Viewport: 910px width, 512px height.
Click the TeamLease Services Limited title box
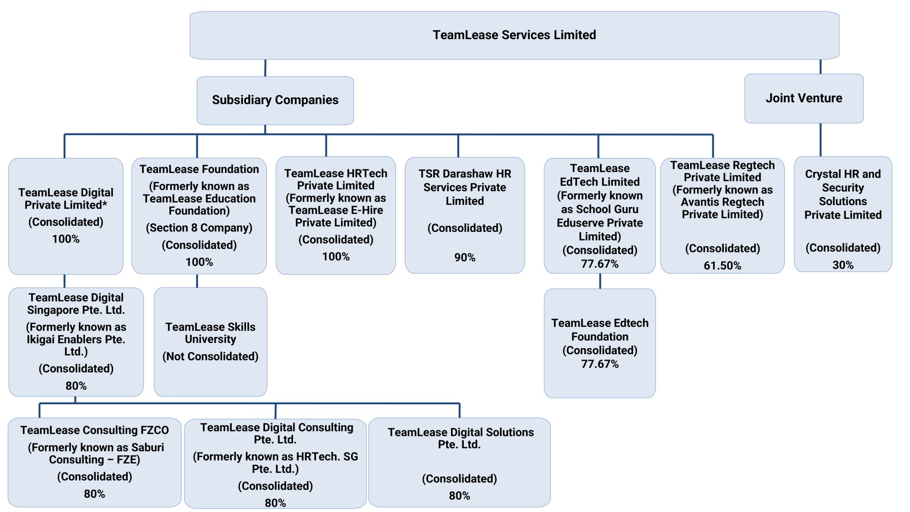click(514, 35)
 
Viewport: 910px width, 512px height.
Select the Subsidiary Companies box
click(275, 100)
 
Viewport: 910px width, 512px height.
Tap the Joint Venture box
click(804, 98)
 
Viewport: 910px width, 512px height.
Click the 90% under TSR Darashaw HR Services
click(465, 257)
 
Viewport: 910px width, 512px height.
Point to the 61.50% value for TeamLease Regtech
click(722, 266)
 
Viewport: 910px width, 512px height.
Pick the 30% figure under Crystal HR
click(843, 265)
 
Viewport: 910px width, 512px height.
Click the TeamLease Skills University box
click(210, 342)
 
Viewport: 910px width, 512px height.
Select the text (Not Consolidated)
click(210, 356)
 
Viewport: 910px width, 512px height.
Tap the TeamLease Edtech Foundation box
click(600, 343)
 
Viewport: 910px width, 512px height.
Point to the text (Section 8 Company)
click(199, 228)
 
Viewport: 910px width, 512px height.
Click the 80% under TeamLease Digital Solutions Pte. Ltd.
click(459, 496)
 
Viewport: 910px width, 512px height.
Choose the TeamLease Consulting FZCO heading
click(95, 430)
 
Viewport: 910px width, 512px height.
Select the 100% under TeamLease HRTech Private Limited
click(336, 257)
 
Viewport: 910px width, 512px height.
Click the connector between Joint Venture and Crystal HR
click(820, 140)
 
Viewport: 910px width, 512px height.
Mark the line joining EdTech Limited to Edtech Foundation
click(600, 281)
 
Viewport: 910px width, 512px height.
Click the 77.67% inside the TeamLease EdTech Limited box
click(600, 264)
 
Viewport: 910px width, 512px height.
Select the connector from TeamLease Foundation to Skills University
click(197, 281)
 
